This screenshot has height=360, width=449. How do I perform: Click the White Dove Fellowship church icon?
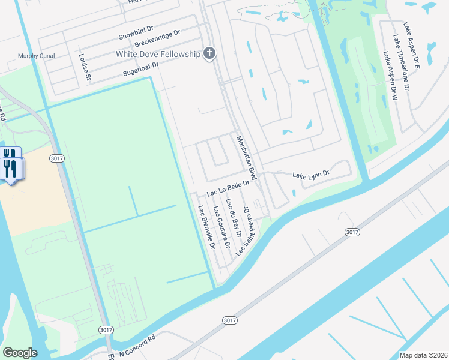tap(209, 54)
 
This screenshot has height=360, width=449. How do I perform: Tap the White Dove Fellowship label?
tap(158, 55)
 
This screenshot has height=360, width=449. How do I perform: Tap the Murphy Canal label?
tap(36, 56)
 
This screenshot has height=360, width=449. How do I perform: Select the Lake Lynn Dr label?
tap(311, 175)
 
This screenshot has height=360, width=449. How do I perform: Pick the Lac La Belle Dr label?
tap(228, 188)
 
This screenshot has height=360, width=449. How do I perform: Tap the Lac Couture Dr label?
tap(221, 228)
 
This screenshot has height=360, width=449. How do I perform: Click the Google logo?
tap(20, 353)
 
